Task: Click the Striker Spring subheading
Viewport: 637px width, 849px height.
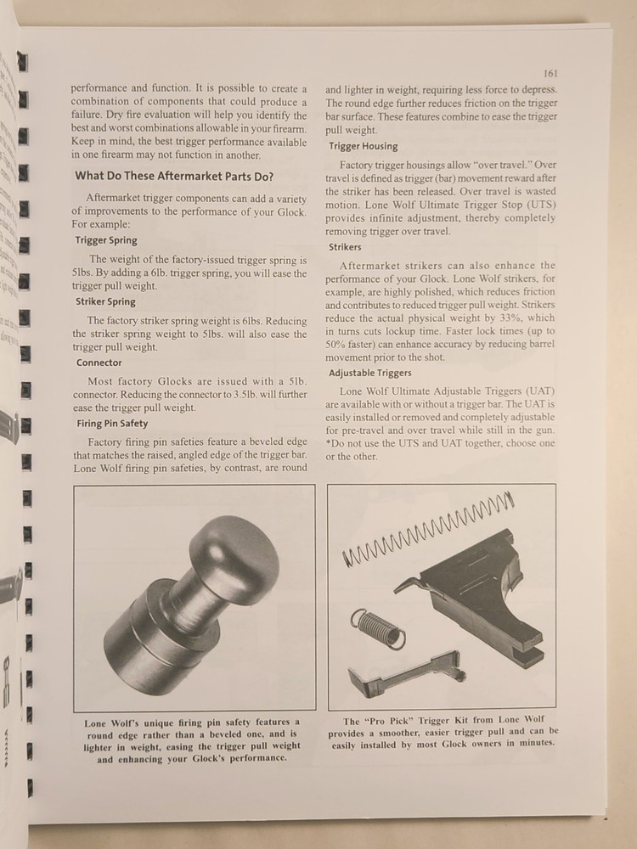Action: point(105,301)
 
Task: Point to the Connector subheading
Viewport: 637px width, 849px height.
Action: point(99,363)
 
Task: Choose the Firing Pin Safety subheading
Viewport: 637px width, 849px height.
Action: point(112,424)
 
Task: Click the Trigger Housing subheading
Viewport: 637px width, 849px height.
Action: point(363,146)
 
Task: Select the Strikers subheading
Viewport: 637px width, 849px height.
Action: point(345,247)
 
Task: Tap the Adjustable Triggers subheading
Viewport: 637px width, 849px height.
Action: point(369,373)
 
